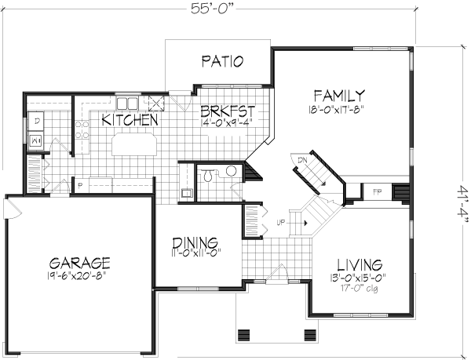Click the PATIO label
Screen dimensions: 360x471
pos(221,61)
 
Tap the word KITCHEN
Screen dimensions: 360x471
pos(131,121)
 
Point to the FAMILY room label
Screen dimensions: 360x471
pos(337,96)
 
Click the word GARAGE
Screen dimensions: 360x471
pos(78,263)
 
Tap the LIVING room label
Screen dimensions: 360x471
pos(359,264)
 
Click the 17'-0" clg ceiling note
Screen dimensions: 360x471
pos(359,287)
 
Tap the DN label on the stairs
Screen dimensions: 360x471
pos(301,159)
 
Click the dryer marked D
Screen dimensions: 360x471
pos(36,121)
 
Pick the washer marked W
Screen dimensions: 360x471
pos(36,140)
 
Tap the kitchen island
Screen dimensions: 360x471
pos(134,145)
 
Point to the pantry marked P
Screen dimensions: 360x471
pos(81,185)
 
